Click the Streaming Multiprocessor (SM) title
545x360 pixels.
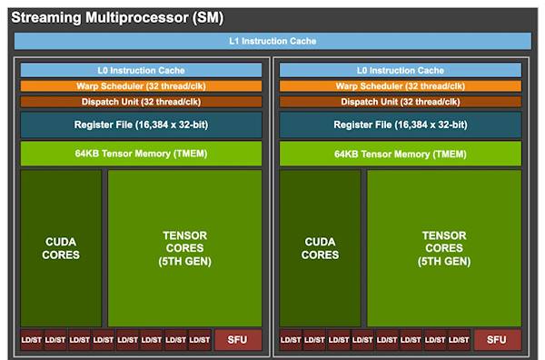(116, 17)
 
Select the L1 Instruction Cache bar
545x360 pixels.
(272, 42)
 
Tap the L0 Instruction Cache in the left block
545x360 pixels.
(141, 70)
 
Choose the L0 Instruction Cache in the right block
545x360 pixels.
(401, 70)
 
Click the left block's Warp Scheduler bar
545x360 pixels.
(141, 86)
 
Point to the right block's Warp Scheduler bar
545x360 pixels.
(401, 86)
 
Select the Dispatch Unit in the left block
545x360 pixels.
(141, 102)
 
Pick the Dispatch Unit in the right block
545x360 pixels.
(401, 102)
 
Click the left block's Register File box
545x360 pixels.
(141, 125)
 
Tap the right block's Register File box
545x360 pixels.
(401, 125)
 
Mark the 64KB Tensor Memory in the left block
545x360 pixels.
(141, 153)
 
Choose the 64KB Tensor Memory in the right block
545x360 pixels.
(401, 153)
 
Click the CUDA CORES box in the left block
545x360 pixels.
(61, 247)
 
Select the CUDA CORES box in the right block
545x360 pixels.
(321, 247)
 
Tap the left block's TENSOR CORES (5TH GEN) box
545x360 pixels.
(185, 247)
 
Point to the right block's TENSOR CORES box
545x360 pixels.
(445, 247)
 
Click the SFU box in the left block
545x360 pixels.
(237, 340)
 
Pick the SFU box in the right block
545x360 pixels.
(497, 340)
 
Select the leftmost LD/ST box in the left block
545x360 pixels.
(32, 340)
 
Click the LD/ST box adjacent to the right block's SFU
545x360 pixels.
(458, 340)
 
